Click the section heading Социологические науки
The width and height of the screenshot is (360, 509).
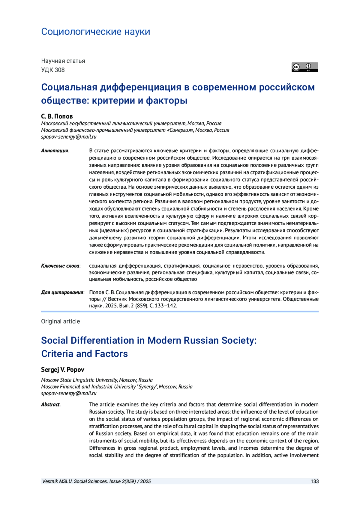(x=95, y=31)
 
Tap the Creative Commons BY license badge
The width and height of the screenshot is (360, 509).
(x=304, y=67)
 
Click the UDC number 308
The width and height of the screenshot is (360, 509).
(x=59, y=70)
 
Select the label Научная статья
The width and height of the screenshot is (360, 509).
(x=63, y=61)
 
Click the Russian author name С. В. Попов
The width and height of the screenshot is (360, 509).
(x=57, y=116)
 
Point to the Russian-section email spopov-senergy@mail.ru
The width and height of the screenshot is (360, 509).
(x=69, y=137)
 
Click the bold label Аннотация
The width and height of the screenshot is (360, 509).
(x=55, y=151)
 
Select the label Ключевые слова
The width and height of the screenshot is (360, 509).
(x=60, y=266)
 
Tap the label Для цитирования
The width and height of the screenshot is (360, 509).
(x=62, y=292)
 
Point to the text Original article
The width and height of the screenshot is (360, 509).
(x=60, y=322)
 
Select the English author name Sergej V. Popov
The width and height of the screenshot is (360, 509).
(x=63, y=370)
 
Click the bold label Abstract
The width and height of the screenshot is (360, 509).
(x=50, y=405)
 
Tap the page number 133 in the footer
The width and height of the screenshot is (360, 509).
(x=315, y=481)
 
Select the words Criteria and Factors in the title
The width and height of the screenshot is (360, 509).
(x=84, y=354)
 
